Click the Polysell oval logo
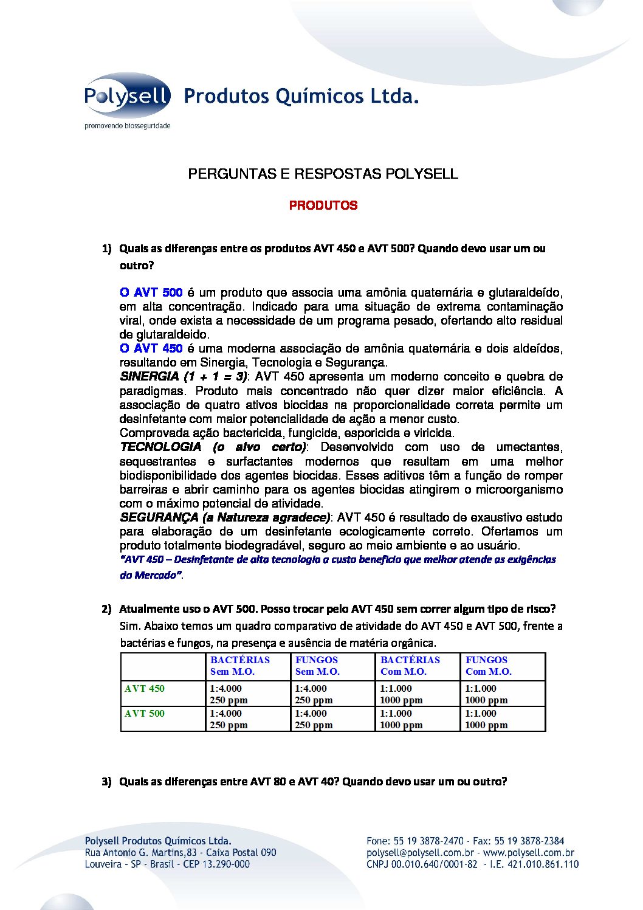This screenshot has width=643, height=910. click(x=128, y=95)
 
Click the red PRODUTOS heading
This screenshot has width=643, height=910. click(x=323, y=205)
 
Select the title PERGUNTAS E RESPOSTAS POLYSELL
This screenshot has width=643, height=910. click(x=323, y=174)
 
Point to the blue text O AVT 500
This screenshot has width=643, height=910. click(x=151, y=292)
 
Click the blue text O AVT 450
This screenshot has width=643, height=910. click(x=151, y=348)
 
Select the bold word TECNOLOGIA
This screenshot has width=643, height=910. click(x=160, y=447)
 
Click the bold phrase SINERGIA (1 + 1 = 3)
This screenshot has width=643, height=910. click(x=184, y=376)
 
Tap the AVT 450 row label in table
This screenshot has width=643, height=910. click(x=145, y=689)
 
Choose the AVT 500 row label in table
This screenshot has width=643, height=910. click(x=145, y=714)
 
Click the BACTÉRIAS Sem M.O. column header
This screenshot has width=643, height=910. click(x=239, y=666)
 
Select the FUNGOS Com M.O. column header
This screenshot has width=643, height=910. click(x=488, y=666)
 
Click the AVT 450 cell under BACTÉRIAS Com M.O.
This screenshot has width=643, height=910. click(x=401, y=694)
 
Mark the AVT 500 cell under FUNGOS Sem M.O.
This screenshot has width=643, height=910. click(x=314, y=719)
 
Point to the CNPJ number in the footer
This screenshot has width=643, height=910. click(x=422, y=864)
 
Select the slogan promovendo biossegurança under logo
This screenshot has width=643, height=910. click(x=127, y=126)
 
